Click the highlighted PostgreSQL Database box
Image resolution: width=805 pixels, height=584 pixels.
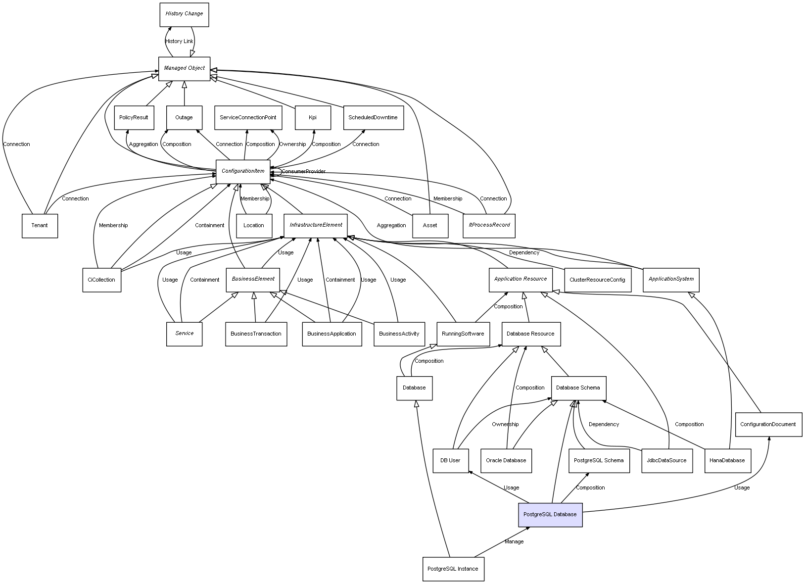(x=550, y=515)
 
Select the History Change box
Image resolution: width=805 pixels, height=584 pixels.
(x=184, y=14)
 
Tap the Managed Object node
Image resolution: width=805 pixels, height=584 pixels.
(x=184, y=68)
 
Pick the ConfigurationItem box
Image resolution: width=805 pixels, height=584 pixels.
(x=243, y=171)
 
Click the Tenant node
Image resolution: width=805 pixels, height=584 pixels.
(x=40, y=226)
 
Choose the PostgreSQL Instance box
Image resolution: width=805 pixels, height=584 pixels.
(x=453, y=569)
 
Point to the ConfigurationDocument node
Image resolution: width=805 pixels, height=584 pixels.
(x=768, y=424)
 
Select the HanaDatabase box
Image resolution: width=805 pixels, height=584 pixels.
(x=727, y=460)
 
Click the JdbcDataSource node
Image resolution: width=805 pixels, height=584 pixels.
(x=666, y=460)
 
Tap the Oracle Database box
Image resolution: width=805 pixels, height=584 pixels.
(x=506, y=460)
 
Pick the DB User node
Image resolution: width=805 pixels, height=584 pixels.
(x=450, y=460)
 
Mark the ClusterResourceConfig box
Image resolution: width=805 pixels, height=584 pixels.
(x=597, y=280)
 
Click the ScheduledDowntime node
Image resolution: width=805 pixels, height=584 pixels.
(x=373, y=118)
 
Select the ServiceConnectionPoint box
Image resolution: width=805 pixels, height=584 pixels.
(x=248, y=118)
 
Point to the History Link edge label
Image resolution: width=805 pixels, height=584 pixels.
(x=179, y=42)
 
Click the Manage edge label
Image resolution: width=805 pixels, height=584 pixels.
(x=514, y=541)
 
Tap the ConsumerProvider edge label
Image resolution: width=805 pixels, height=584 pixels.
(x=303, y=171)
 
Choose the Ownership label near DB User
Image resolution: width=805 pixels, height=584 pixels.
(x=505, y=424)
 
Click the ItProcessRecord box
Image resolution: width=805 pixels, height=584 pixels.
(x=489, y=226)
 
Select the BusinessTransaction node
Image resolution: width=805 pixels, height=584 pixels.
(x=256, y=334)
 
